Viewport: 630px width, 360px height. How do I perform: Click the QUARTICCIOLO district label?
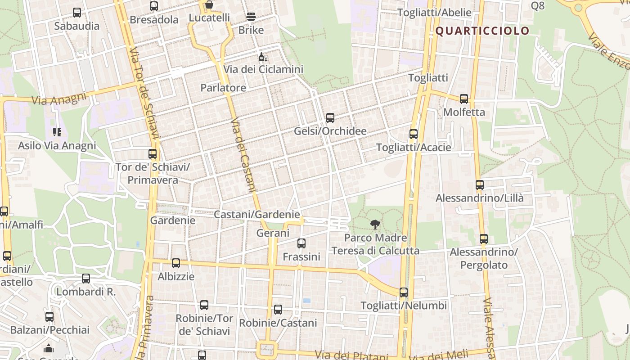[482, 31]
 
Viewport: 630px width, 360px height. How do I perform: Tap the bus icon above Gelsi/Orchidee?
[330, 118]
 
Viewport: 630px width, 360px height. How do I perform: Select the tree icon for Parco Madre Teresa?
[375, 224]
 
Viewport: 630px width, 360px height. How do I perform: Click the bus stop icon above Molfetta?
[464, 99]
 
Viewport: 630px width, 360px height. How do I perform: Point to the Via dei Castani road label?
[243, 155]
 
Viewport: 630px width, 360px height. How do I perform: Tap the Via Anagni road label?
[58, 99]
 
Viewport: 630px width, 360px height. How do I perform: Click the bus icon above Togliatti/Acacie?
[414, 134]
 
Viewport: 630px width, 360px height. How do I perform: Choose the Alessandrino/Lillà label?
[479, 198]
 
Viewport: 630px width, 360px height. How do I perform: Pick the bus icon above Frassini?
[301, 243]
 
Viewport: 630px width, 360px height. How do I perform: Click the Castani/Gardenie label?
[256, 215]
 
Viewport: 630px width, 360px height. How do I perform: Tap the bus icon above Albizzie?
[176, 263]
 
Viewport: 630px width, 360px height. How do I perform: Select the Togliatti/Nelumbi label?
[404, 306]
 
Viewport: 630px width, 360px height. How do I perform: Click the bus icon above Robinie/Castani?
[278, 310]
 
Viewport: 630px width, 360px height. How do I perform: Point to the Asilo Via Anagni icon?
[57, 132]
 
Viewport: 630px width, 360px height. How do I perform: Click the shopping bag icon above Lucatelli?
[209, 5]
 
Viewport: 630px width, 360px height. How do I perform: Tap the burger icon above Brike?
[251, 17]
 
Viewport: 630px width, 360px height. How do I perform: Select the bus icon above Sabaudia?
[77, 13]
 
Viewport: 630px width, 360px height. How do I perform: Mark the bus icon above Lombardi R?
[86, 279]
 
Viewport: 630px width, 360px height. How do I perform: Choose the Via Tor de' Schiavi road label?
[144, 94]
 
